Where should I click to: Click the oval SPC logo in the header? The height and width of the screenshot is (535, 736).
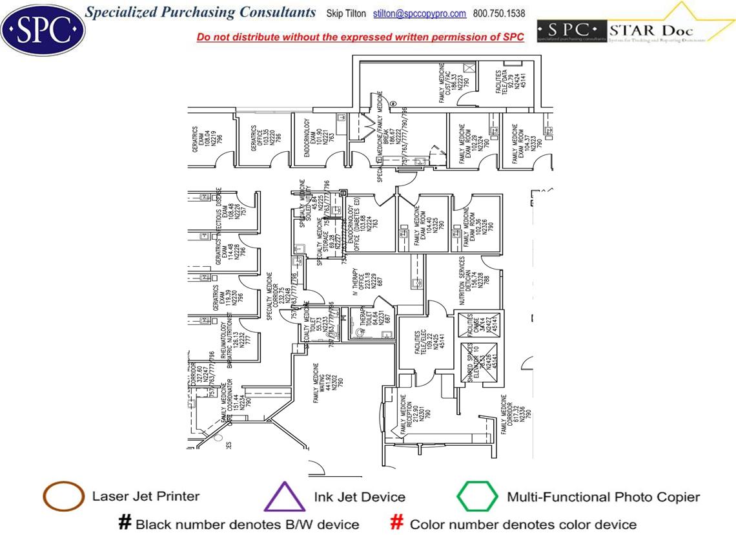click(43, 28)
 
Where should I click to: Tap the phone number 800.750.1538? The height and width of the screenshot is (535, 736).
click(499, 14)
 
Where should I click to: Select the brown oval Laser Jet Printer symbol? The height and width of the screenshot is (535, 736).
click(63, 497)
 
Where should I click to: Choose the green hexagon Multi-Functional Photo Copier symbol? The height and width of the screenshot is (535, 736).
click(477, 497)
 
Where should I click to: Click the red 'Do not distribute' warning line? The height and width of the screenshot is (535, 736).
click(360, 37)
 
